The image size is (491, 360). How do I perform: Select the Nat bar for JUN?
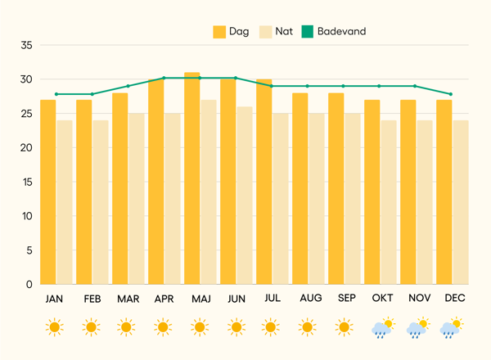click(244, 196)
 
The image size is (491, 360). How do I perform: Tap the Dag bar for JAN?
click(48, 192)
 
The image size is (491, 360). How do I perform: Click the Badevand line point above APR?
click(164, 78)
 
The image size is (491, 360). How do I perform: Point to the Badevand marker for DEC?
click(451, 94)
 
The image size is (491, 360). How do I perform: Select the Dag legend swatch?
click(219, 32)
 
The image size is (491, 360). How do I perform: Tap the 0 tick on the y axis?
click(29, 284)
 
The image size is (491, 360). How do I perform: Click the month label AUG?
click(311, 299)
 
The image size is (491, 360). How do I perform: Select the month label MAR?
click(128, 299)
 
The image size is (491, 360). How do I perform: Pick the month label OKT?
click(383, 299)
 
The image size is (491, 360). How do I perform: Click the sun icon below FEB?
click(92, 328)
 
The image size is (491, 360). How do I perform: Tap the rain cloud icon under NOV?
click(418, 328)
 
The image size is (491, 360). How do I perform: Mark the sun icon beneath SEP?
click(346, 328)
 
